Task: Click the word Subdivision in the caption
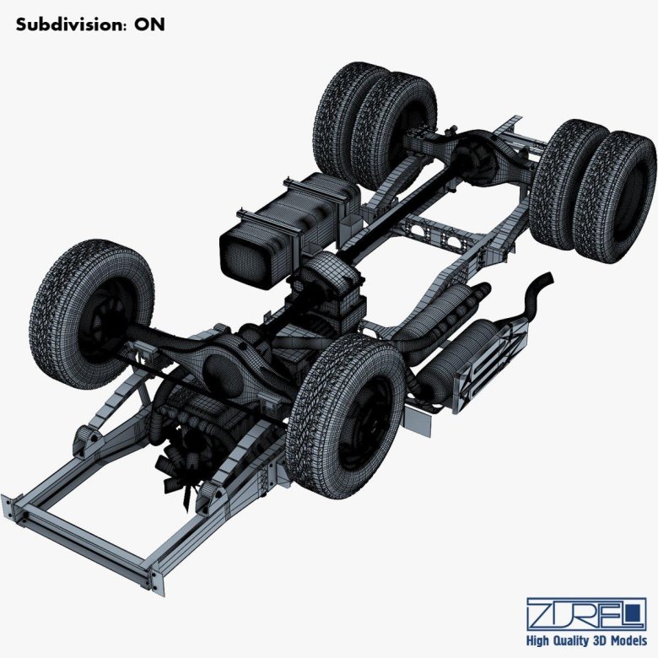click(67, 24)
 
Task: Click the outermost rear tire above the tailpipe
click(614, 196)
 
